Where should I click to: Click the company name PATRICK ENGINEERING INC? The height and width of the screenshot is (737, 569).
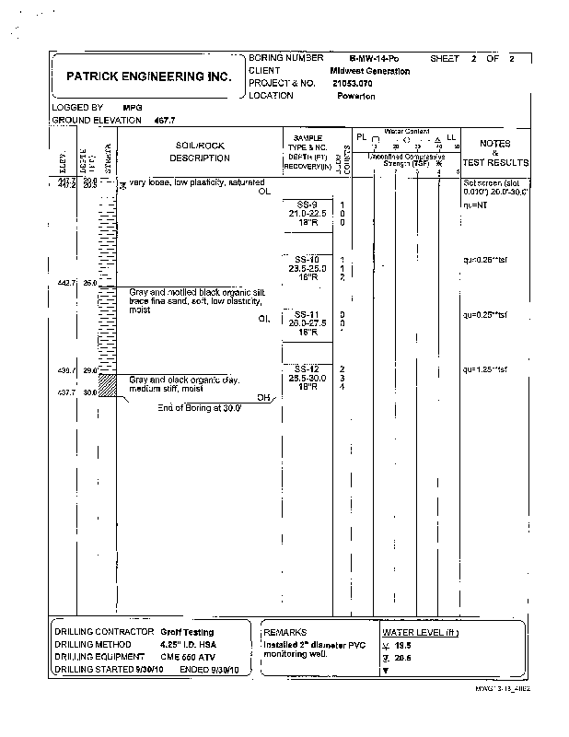(x=142, y=79)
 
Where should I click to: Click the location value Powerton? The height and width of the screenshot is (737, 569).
(x=355, y=96)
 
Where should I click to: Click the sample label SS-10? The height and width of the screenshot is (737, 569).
(x=308, y=259)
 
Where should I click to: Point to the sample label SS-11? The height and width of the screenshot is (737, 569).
(x=308, y=314)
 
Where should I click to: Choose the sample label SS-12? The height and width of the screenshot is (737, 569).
(x=308, y=369)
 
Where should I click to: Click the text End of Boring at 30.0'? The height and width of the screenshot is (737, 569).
(x=199, y=406)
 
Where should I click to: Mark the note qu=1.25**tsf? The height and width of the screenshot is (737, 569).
(x=485, y=369)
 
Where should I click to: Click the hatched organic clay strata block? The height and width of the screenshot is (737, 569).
(x=107, y=383)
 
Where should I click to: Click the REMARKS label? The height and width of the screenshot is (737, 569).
(x=284, y=633)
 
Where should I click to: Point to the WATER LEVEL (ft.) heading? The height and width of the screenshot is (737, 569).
(x=420, y=633)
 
